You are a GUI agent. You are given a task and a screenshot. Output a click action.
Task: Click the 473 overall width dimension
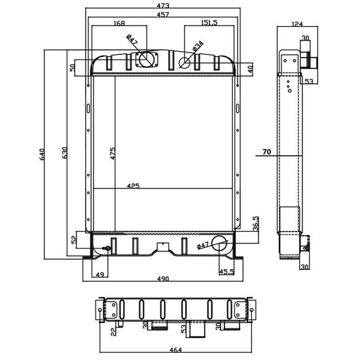(163, 5)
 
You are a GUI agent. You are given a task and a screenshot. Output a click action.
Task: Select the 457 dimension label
(163, 14)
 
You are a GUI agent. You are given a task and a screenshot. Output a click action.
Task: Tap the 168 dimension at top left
(119, 23)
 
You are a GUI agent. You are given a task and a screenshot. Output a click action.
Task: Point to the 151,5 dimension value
(209, 23)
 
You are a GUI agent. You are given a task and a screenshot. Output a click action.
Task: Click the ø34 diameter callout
(198, 46)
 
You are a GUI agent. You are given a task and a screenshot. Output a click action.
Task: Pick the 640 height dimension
(42, 154)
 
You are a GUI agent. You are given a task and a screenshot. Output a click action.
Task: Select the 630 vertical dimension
(65, 153)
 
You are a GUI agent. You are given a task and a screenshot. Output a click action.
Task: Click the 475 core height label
(113, 153)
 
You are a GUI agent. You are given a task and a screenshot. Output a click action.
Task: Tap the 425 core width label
(133, 186)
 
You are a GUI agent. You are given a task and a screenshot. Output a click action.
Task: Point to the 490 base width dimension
(163, 279)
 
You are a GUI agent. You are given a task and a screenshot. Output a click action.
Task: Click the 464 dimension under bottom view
(175, 350)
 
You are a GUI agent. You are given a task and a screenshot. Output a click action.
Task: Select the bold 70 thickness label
(266, 152)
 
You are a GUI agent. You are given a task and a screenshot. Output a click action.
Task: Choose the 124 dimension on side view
(297, 24)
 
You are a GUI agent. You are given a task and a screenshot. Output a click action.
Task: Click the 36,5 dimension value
(256, 223)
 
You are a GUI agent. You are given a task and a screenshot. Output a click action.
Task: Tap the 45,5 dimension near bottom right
(226, 272)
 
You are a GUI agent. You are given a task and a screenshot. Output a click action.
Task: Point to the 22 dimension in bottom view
(113, 332)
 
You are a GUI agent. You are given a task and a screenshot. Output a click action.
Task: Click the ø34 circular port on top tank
(185, 62)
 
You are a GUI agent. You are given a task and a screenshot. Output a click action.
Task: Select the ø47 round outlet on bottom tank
(219, 243)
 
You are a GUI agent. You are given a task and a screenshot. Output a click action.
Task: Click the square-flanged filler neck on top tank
(147, 60)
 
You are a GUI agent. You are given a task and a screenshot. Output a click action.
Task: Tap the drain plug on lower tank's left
(107, 248)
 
